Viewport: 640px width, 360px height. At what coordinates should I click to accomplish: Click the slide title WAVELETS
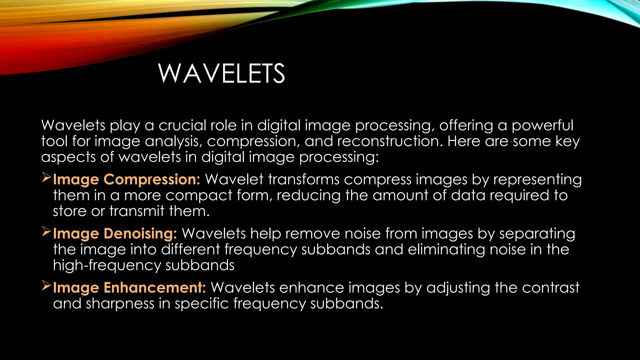pos(221,73)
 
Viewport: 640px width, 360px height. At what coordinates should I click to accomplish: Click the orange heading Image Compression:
pos(127,180)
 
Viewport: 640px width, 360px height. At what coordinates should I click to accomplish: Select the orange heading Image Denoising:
pos(115,234)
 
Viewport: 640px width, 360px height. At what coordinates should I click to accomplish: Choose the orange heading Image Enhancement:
pos(129,288)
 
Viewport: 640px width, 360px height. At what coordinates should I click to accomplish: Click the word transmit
pos(137,211)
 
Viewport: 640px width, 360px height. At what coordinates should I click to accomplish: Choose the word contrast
pos(551,288)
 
